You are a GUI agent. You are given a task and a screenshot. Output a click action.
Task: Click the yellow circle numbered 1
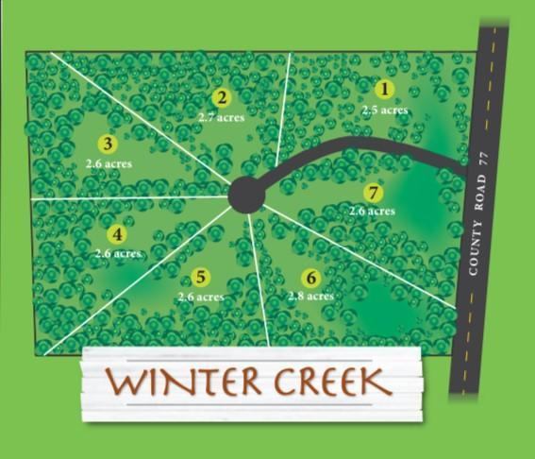pyautogui.click(x=384, y=90)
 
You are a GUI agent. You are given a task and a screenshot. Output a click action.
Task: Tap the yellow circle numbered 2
pyautogui.click(x=222, y=97)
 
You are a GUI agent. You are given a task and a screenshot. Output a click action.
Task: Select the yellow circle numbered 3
pyautogui.click(x=108, y=144)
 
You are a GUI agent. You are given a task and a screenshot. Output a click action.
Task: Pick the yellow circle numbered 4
pyautogui.click(x=117, y=234)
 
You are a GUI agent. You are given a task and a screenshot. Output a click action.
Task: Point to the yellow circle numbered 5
pyautogui.click(x=200, y=277)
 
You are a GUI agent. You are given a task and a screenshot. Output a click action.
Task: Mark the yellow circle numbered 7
pyautogui.click(x=376, y=193)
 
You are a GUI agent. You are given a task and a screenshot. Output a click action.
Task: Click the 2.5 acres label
pyautogui.click(x=385, y=110)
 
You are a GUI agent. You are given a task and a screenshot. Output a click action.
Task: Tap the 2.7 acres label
pyautogui.click(x=222, y=117)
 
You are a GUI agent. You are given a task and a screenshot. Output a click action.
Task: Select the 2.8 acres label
pyautogui.click(x=309, y=297)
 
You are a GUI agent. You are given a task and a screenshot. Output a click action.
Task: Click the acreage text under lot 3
pyautogui.click(x=109, y=163)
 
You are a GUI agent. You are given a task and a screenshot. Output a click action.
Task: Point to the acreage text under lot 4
pyautogui.click(x=118, y=253)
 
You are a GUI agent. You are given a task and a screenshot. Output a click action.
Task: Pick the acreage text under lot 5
pyautogui.click(x=201, y=297)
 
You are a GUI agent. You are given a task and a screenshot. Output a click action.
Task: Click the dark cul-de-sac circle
pyautogui.click(x=246, y=195)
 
